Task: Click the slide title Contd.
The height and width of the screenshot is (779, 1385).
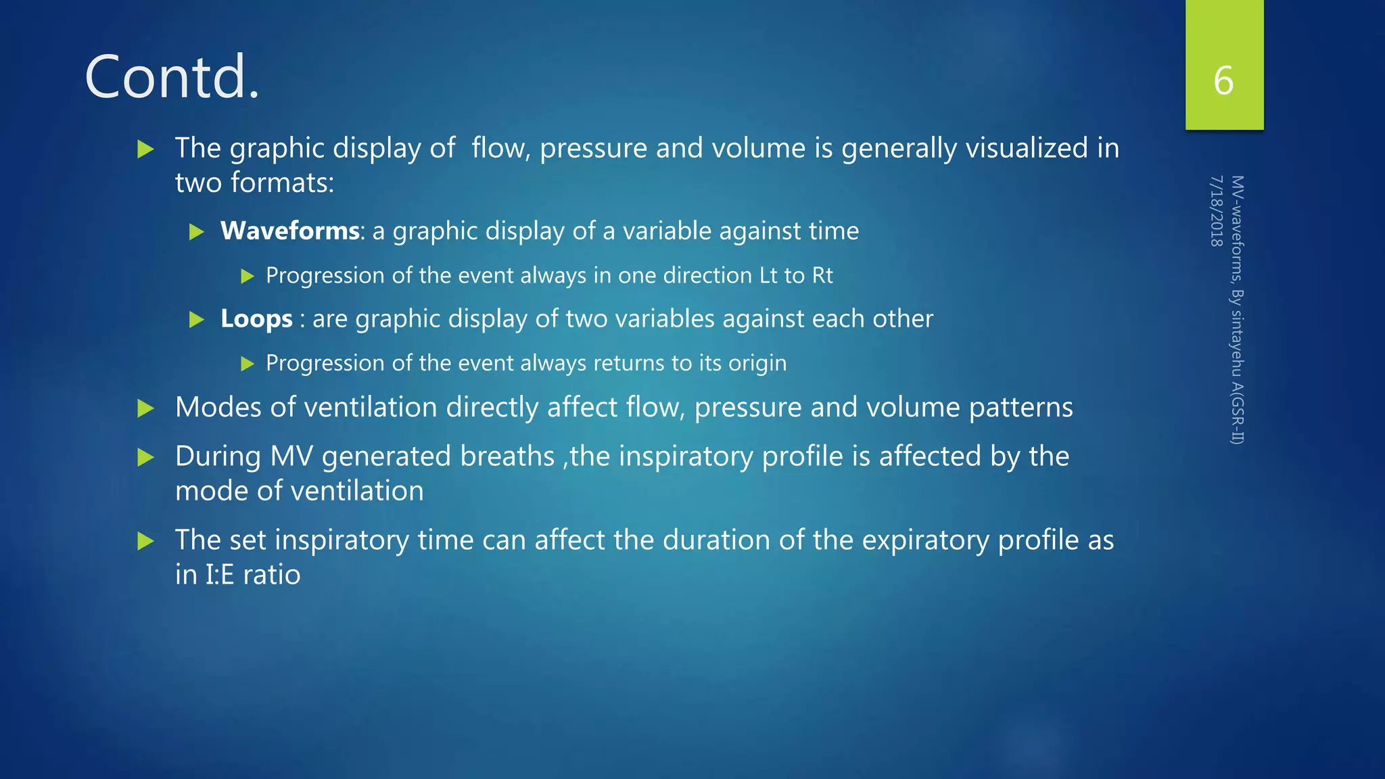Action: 172,77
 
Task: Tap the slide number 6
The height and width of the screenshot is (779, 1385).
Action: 1223,80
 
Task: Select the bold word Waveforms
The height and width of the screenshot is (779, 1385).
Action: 289,231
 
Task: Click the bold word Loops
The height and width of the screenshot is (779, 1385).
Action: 256,318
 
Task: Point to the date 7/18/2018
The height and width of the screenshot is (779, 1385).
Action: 1216,211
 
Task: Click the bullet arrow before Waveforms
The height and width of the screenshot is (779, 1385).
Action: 197,233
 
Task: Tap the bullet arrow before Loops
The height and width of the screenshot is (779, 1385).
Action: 197,319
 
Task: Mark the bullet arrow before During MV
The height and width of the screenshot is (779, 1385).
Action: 145,458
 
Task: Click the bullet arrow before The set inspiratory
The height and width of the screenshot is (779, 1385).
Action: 145,541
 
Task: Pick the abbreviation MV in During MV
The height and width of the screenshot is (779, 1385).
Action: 291,457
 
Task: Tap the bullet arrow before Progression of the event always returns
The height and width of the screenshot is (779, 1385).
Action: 248,364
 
